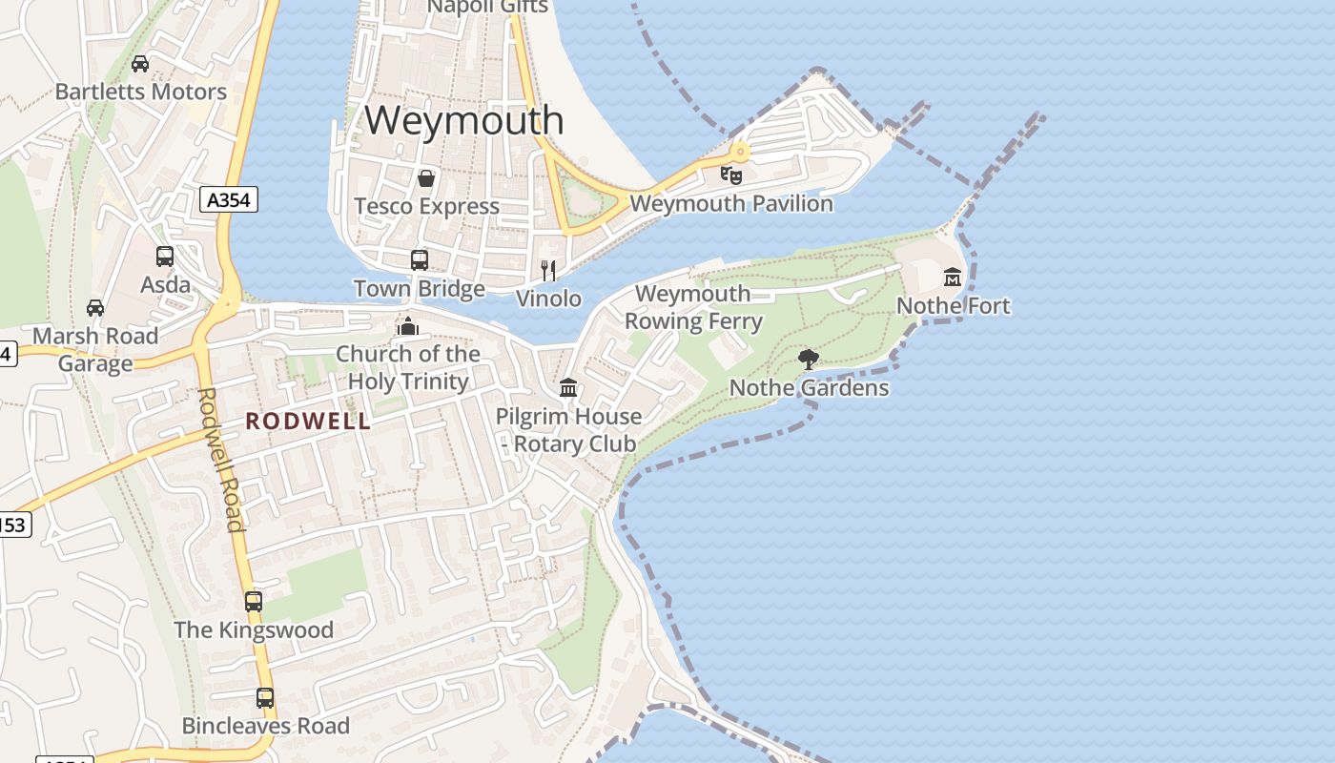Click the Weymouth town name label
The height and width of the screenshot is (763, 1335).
464,120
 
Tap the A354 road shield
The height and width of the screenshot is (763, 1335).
229,199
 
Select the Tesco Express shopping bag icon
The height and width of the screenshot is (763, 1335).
426,178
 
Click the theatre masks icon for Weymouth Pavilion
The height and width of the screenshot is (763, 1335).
731,175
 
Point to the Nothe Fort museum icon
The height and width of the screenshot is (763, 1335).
953,277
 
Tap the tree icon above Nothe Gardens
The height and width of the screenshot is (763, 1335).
809,359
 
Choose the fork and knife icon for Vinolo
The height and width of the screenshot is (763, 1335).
548,271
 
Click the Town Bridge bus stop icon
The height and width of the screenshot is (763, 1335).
419,259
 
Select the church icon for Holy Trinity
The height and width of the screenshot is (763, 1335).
408,326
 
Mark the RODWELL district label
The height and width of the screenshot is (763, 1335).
308,422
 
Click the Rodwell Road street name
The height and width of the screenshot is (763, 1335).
220,459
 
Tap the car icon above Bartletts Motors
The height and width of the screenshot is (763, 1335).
140,64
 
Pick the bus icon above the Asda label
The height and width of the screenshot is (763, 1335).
165,256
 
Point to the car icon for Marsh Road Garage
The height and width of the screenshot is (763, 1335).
95,307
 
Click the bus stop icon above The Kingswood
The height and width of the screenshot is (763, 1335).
254,602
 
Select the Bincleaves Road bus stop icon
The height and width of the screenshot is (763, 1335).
265,698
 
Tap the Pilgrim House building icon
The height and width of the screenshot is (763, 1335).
568,387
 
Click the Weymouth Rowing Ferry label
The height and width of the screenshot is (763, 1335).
693,307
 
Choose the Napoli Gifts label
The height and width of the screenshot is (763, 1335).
487,7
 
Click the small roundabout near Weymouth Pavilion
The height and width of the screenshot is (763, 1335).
740,152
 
